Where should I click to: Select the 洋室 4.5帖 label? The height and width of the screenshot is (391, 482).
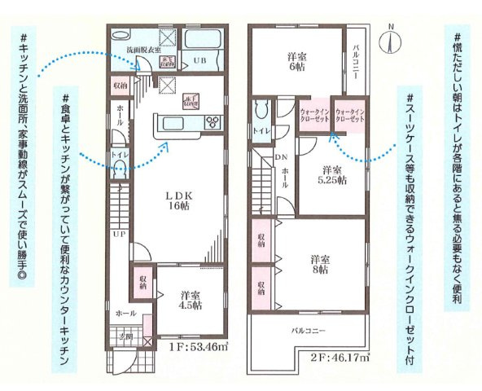point(191,301)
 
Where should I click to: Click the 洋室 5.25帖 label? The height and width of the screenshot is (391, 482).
point(330,174)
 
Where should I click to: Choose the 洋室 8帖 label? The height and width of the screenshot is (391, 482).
point(318,264)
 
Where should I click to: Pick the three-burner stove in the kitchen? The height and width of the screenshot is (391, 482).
point(212,123)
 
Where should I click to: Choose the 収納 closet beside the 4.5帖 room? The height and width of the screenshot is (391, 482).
point(142,282)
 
